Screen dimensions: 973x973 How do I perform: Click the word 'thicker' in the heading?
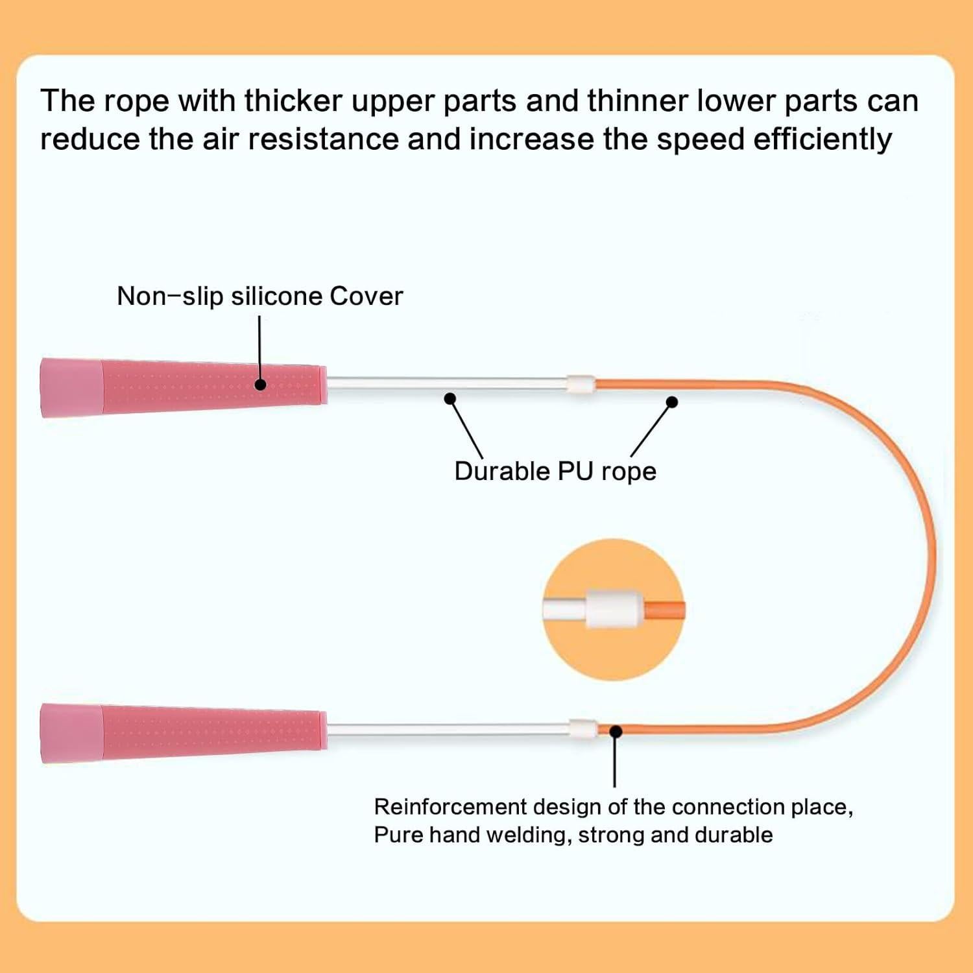[x=293, y=101]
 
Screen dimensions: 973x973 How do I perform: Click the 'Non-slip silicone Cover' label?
[x=259, y=296]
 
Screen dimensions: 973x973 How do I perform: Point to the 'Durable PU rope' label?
[x=555, y=472]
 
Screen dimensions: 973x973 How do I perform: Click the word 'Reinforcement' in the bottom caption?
[x=450, y=807]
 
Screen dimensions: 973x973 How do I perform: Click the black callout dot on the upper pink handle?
[x=260, y=384]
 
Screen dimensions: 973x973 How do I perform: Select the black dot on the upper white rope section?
[x=450, y=398]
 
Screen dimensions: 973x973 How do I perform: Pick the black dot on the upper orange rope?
[x=672, y=402]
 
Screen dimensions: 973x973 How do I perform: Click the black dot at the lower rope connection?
[x=616, y=731]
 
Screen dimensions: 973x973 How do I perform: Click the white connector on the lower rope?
[x=583, y=729]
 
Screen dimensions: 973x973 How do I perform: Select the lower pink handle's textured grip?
[x=214, y=732]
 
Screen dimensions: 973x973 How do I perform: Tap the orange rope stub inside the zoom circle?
[x=665, y=610]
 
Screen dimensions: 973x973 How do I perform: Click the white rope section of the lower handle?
[x=448, y=730]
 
